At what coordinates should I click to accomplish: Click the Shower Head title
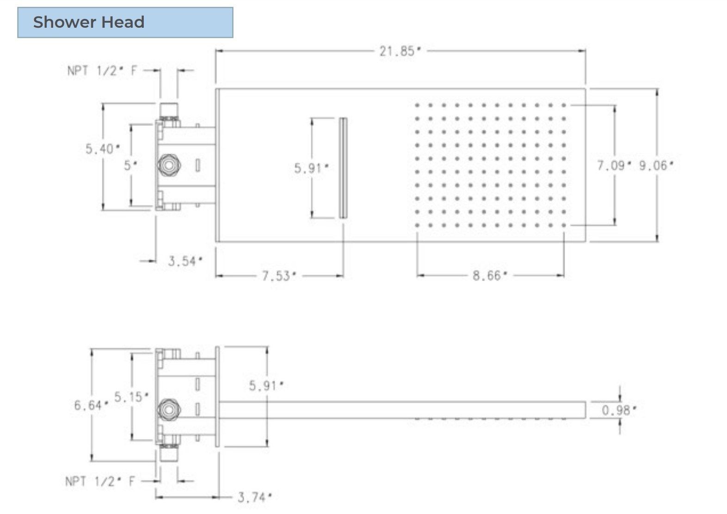click(x=89, y=22)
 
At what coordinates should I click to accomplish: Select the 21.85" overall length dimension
click(x=400, y=51)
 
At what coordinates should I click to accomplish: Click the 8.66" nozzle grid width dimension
click(x=490, y=276)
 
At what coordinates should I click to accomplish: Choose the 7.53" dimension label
click(x=279, y=276)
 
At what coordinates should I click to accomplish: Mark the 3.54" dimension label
click(x=185, y=262)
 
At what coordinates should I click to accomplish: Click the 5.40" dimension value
click(x=102, y=149)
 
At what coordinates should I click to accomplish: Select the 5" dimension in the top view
click(x=130, y=165)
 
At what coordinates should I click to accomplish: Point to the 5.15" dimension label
click(x=131, y=397)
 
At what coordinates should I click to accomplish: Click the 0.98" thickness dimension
click(x=619, y=410)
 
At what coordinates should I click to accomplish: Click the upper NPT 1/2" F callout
click(x=102, y=71)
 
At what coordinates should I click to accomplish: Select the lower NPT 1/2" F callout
click(x=100, y=481)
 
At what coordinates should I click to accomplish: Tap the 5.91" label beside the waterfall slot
click(x=311, y=168)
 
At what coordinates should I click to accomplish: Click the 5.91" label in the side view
click(x=266, y=385)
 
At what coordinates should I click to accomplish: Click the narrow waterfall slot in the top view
click(x=343, y=168)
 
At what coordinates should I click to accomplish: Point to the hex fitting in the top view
click(x=168, y=165)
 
